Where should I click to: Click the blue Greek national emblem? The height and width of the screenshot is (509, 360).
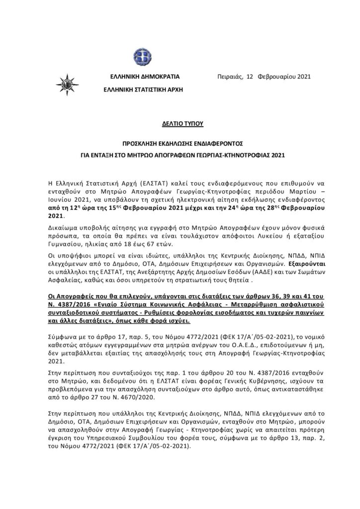click(136, 54)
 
